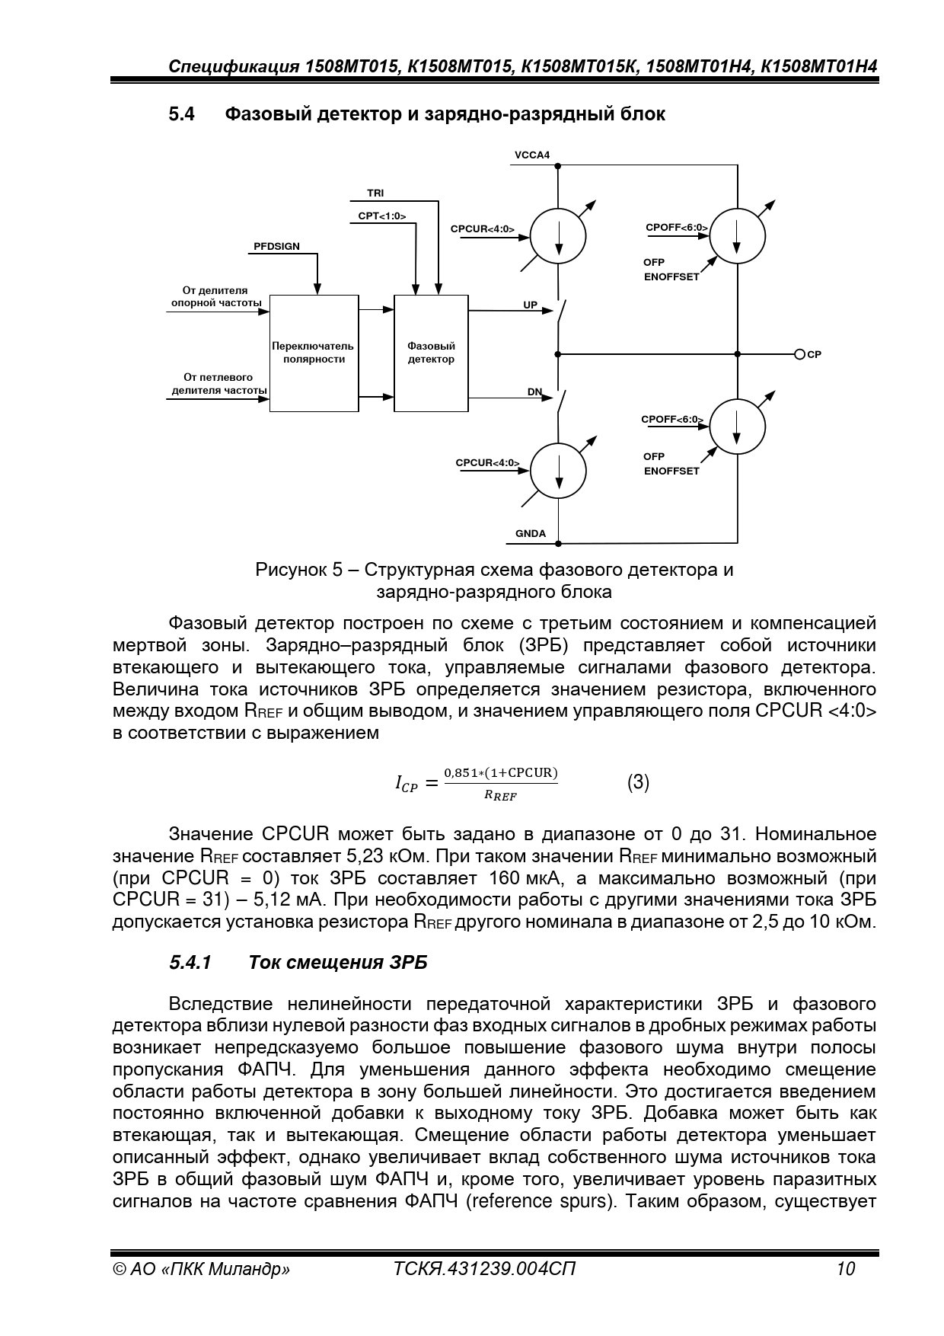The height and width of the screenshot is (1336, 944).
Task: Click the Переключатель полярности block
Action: tap(314, 353)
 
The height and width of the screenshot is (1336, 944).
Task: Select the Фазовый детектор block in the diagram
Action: tap(431, 353)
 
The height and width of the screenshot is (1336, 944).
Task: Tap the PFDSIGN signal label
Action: tap(276, 247)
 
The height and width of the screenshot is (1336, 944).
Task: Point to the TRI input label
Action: tap(375, 193)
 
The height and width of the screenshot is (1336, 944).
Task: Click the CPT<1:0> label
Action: tap(382, 216)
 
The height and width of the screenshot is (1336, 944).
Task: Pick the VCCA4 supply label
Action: tap(532, 155)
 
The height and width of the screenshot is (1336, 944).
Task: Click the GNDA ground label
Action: tap(531, 533)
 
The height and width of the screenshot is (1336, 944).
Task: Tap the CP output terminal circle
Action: tap(799, 354)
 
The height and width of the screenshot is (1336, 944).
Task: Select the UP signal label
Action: tap(531, 305)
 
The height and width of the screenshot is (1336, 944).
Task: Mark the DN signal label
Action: tap(535, 392)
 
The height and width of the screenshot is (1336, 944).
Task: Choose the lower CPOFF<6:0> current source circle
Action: tap(737, 426)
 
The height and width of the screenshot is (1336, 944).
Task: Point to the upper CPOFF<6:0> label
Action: tap(677, 228)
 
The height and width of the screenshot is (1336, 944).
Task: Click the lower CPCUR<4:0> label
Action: tap(488, 463)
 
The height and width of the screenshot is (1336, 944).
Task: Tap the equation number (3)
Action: tap(638, 783)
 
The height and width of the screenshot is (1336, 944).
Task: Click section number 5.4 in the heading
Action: tap(182, 114)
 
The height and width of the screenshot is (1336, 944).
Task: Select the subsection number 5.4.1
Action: tap(190, 963)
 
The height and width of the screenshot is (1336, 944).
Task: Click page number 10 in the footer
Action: tap(845, 1269)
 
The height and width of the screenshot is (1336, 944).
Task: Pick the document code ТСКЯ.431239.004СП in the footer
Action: tap(485, 1269)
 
